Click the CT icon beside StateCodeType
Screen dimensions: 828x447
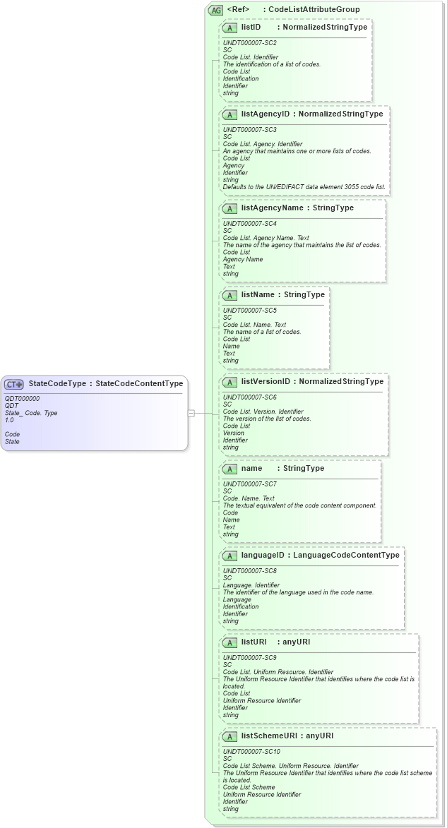[x=14, y=384]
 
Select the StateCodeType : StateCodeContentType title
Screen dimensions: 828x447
[x=105, y=384]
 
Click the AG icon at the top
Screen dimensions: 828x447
[x=215, y=10]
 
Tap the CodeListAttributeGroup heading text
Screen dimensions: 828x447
[x=314, y=10]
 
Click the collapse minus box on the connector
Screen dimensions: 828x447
[x=191, y=413]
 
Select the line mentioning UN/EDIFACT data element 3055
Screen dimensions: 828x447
[x=304, y=187]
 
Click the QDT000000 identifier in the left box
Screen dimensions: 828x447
[x=22, y=399]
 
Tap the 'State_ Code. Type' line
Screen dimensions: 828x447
[x=31, y=413]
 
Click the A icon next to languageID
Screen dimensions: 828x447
[x=229, y=556]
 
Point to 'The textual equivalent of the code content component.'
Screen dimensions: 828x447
[x=299, y=505]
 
